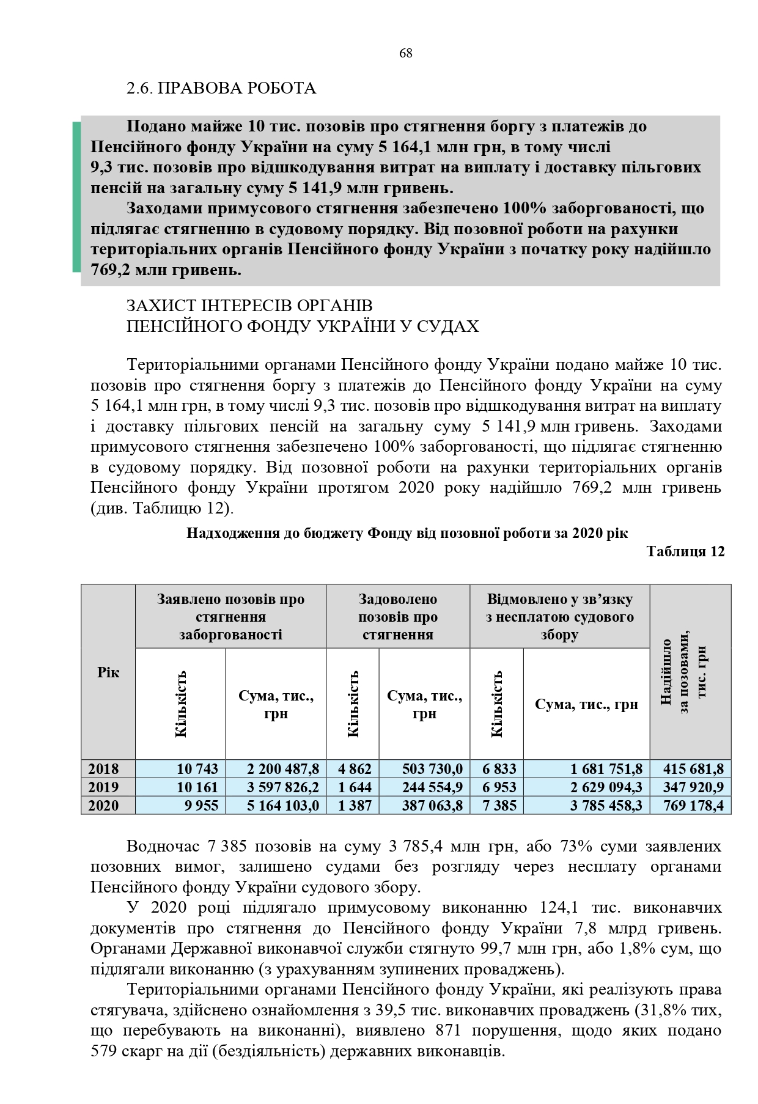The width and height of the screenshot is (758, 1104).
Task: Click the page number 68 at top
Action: [x=405, y=53]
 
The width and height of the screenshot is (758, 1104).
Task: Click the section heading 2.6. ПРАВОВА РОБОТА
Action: [x=221, y=89]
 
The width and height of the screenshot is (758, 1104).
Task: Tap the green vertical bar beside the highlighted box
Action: [x=76, y=196]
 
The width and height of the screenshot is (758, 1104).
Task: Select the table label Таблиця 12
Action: [x=685, y=551]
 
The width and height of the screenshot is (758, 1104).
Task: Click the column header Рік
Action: [x=108, y=672]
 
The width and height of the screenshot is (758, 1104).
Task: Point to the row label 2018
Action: [x=103, y=768]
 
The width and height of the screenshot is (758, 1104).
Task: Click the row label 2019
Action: [x=103, y=787]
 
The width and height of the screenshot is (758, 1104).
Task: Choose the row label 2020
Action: [x=103, y=805]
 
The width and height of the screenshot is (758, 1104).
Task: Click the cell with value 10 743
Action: [x=197, y=768]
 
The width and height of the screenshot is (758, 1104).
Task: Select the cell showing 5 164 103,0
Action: [x=283, y=805]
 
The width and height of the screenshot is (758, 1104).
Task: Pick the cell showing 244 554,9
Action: [x=432, y=787]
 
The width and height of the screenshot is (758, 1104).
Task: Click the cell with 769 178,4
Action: [x=693, y=805]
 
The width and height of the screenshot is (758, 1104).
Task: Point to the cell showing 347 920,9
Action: [x=693, y=787]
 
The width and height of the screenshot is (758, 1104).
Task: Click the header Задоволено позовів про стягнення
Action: [x=398, y=617]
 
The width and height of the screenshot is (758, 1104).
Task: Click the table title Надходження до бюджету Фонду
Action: [x=407, y=533]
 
